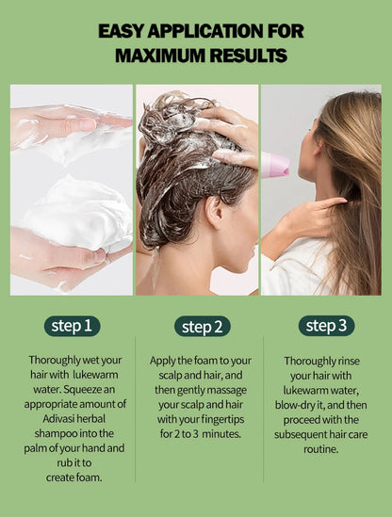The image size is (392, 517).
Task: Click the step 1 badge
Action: point(72,327)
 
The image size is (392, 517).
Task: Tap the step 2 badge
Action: point(202,327)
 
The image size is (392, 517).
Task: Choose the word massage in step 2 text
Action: point(231,390)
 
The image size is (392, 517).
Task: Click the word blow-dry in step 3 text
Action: point(303,404)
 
